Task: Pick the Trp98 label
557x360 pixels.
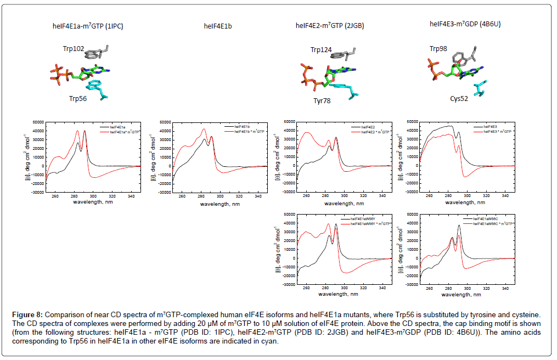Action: pos(440,49)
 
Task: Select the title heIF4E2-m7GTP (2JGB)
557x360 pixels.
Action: pos(330,25)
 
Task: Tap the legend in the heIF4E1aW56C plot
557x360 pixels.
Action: pos(488,222)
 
